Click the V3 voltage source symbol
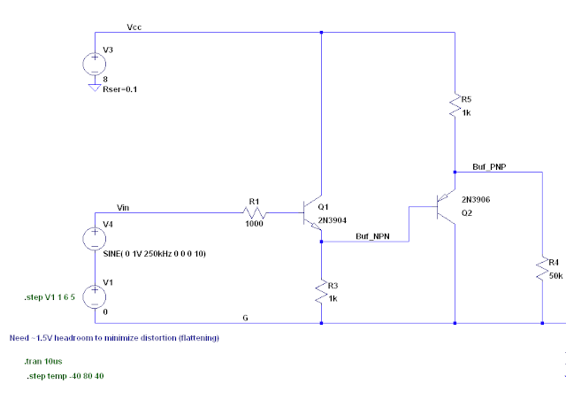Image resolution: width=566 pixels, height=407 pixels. tap(95, 64)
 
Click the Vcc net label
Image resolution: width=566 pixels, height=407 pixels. tap(134, 27)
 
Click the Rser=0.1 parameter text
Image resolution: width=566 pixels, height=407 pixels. tap(120, 89)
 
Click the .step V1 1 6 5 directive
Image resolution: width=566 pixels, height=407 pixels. tap(53, 298)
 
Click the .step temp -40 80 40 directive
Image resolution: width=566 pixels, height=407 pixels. tap(68, 377)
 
